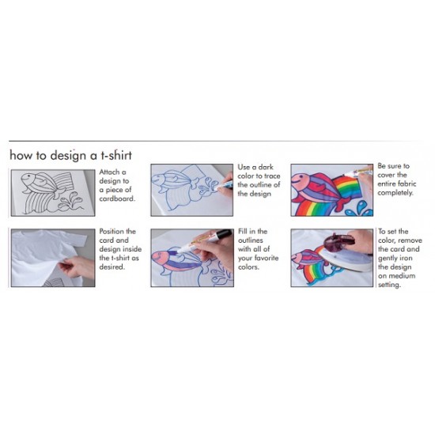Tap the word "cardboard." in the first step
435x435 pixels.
coord(118,199)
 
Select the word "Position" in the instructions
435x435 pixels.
coord(115,232)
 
